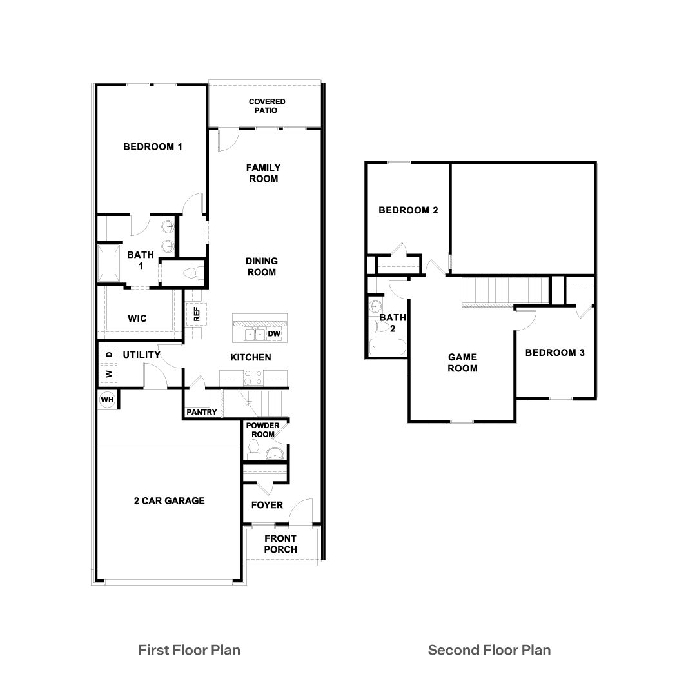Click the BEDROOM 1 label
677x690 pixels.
pos(153,147)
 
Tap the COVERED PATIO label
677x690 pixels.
pos(267,106)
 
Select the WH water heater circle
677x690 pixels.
pos(107,400)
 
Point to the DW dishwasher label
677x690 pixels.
pos(274,333)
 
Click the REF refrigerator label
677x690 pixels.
pos(197,314)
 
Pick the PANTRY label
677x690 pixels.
pos(202,412)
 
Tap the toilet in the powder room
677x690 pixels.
pos(255,449)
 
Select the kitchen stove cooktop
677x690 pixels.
pos(253,375)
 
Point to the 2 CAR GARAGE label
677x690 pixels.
pos(169,500)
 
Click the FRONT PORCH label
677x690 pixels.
pos(280,544)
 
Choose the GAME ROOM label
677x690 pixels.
pos(463,362)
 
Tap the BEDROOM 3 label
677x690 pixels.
pos(554,353)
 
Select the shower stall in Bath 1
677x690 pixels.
pos(109,262)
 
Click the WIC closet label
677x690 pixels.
pos(137,319)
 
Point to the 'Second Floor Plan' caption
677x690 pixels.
pos(489,649)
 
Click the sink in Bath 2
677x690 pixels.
pos(374,306)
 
